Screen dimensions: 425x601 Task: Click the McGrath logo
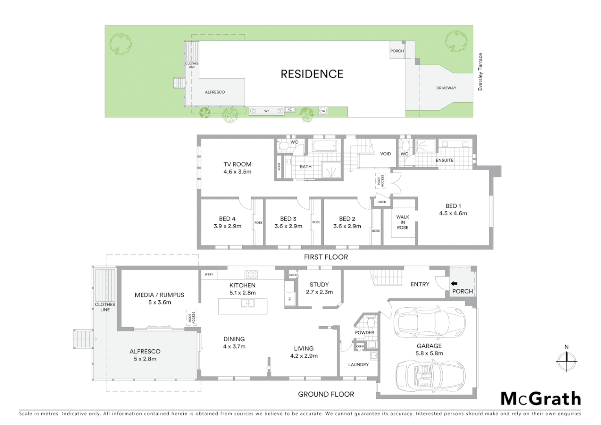[x=540, y=399]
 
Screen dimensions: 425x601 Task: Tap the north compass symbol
[x=566, y=360]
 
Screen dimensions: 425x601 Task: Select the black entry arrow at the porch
[x=454, y=283]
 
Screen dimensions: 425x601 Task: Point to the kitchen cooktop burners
[x=251, y=274]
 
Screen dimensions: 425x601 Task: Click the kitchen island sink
[x=247, y=303]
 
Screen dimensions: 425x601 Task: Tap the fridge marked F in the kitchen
[x=289, y=299]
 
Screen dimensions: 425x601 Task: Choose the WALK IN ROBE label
[x=402, y=222]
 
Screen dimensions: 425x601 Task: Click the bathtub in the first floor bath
[x=324, y=146]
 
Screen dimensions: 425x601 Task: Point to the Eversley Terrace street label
[x=480, y=72]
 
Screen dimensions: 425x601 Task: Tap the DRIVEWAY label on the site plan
[x=446, y=88]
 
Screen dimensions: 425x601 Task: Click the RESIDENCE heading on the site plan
[x=312, y=74]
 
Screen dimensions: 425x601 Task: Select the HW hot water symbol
[x=323, y=111]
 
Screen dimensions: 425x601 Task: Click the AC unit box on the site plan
[x=290, y=110]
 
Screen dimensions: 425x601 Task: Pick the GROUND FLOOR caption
[x=326, y=394]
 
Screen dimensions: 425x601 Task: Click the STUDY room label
[x=319, y=285]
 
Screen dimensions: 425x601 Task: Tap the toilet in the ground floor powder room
[x=370, y=323]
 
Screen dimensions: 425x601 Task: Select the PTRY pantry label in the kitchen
[x=209, y=275]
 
